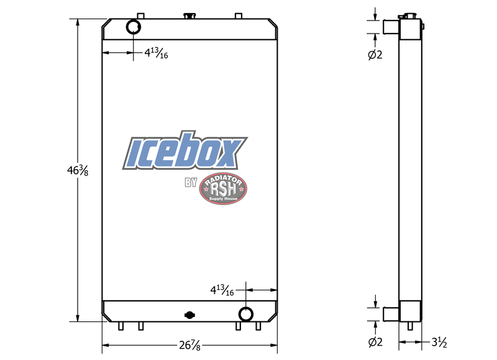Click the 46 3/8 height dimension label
(78, 169)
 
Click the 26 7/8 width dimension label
(189, 346)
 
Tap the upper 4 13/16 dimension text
(156, 53)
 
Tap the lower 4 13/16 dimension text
(222, 290)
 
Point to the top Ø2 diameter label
(375, 55)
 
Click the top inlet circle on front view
(134, 27)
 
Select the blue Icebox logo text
(185, 152)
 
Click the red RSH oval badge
(223, 190)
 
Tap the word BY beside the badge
(190, 183)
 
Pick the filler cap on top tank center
(189, 14)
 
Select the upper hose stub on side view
(390, 27)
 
